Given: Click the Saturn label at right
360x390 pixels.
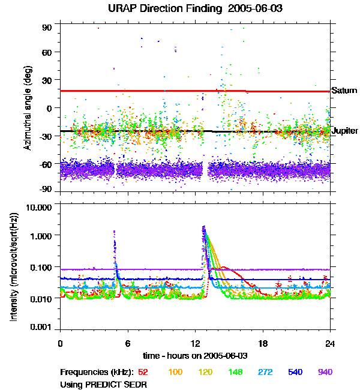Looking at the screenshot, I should [x=344, y=91].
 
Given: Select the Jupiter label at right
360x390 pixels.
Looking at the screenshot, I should [x=345, y=131].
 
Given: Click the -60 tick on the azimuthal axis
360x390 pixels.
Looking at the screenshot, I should [x=46, y=163].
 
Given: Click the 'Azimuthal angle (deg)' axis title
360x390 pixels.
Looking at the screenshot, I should [x=27, y=109].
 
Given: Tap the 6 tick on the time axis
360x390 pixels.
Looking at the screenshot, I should [x=128, y=344].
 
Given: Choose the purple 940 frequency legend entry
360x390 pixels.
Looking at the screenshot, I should [x=324, y=372].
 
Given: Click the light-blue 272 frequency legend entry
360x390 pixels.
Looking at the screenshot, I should [x=265, y=372].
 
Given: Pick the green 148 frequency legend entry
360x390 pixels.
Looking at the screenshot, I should [x=235, y=372].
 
